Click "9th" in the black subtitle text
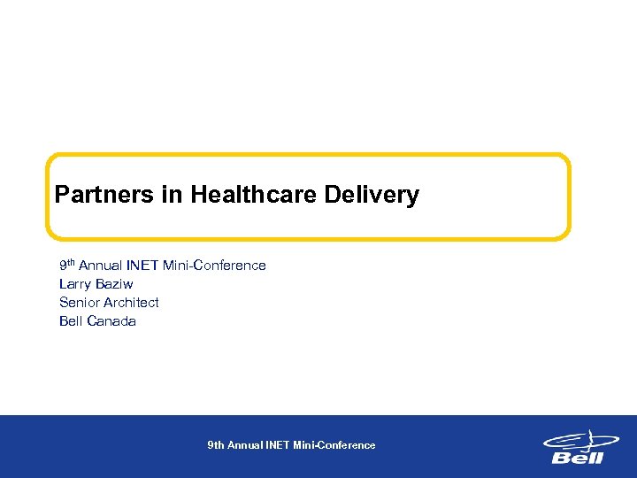click(67, 265)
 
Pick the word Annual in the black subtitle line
click(101, 265)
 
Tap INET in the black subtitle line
click(142, 265)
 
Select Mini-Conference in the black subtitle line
click(214, 265)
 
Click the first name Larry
click(75, 284)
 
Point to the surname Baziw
click(114, 284)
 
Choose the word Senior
click(79, 303)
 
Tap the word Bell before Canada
click(70, 321)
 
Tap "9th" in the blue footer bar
click(216, 445)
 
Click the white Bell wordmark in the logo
click(577, 458)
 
